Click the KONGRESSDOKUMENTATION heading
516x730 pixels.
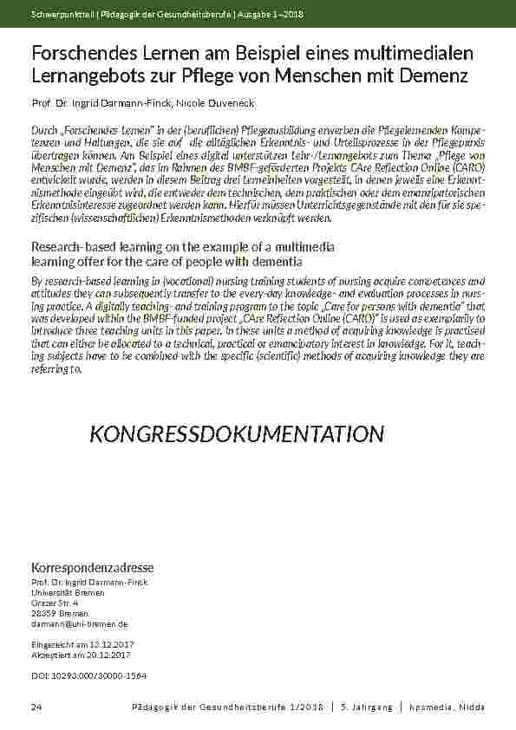coord(237,433)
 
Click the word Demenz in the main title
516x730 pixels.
coord(437,75)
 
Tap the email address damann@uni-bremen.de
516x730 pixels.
coord(79,623)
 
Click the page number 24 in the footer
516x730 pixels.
coord(36,708)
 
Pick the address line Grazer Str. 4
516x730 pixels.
coord(54,603)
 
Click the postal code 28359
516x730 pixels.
coord(44,613)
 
